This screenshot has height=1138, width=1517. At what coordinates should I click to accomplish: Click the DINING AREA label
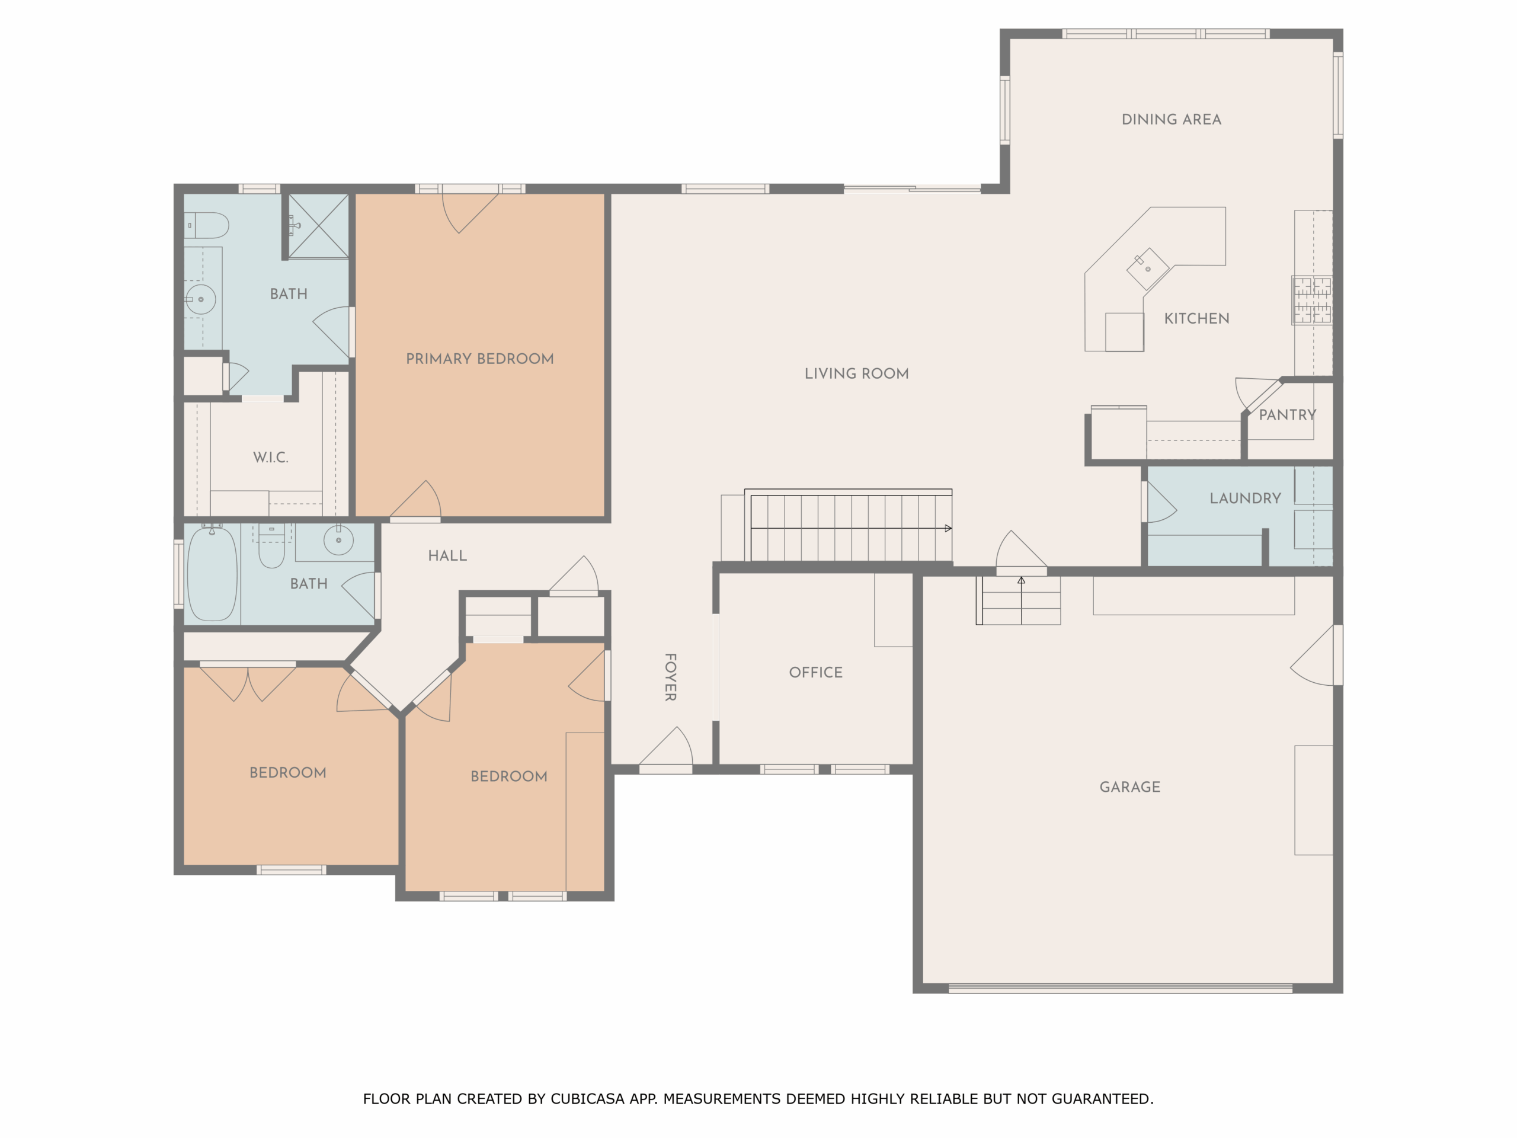(x=1171, y=119)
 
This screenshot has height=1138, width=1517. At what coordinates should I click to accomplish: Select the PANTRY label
(x=1286, y=415)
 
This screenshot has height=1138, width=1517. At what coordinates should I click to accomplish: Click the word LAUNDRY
(x=1245, y=498)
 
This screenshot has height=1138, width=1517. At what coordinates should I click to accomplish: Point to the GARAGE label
(x=1129, y=787)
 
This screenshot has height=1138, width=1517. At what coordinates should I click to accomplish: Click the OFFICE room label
(x=815, y=672)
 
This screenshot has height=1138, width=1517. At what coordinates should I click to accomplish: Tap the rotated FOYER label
(x=671, y=677)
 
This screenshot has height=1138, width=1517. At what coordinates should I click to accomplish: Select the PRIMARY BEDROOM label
(x=479, y=359)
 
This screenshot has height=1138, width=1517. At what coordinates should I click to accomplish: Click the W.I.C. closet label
(x=270, y=458)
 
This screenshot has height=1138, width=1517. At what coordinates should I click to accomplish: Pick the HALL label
(x=447, y=555)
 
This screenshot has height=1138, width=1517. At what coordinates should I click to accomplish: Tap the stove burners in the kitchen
(x=1312, y=300)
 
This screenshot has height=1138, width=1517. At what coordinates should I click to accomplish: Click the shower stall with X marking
(x=318, y=226)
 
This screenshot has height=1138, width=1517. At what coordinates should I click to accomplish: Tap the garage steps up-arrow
(x=1021, y=581)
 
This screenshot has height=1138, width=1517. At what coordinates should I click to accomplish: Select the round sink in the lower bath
(x=338, y=540)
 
